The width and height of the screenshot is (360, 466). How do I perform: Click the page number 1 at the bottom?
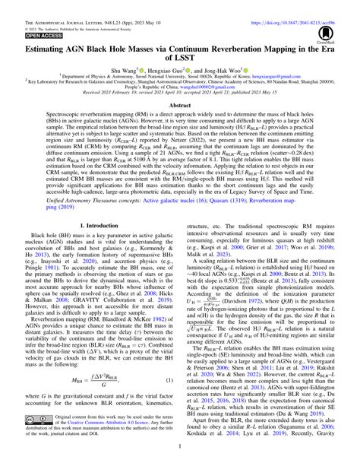(x=179, y=461)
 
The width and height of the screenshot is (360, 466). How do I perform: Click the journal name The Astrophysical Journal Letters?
(x=53, y=4)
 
